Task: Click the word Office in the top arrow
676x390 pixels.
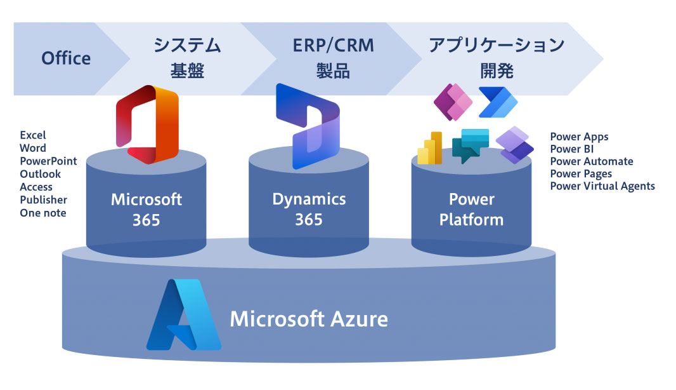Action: click(66, 58)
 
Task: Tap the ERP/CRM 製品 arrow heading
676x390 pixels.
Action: click(333, 58)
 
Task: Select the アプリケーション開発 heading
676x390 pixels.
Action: click(496, 58)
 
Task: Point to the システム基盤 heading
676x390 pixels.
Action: click(187, 58)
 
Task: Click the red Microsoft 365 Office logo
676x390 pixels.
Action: click(148, 124)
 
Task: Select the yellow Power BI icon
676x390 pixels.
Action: click(430, 148)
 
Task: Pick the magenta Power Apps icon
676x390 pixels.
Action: click(453, 102)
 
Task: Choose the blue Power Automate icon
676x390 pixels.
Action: click(498, 102)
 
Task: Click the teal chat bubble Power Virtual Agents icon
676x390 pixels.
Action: click(471, 145)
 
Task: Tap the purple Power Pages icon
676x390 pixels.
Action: click(514, 145)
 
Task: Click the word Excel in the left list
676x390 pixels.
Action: click(33, 135)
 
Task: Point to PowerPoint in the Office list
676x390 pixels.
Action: click(48, 161)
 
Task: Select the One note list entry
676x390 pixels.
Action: click(42, 213)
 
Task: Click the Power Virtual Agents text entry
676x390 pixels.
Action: click(602, 186)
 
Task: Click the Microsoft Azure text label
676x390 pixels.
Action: click(308, 318)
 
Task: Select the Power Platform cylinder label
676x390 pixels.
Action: click(471, 210)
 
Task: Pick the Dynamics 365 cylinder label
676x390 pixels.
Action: click(309, 209)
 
